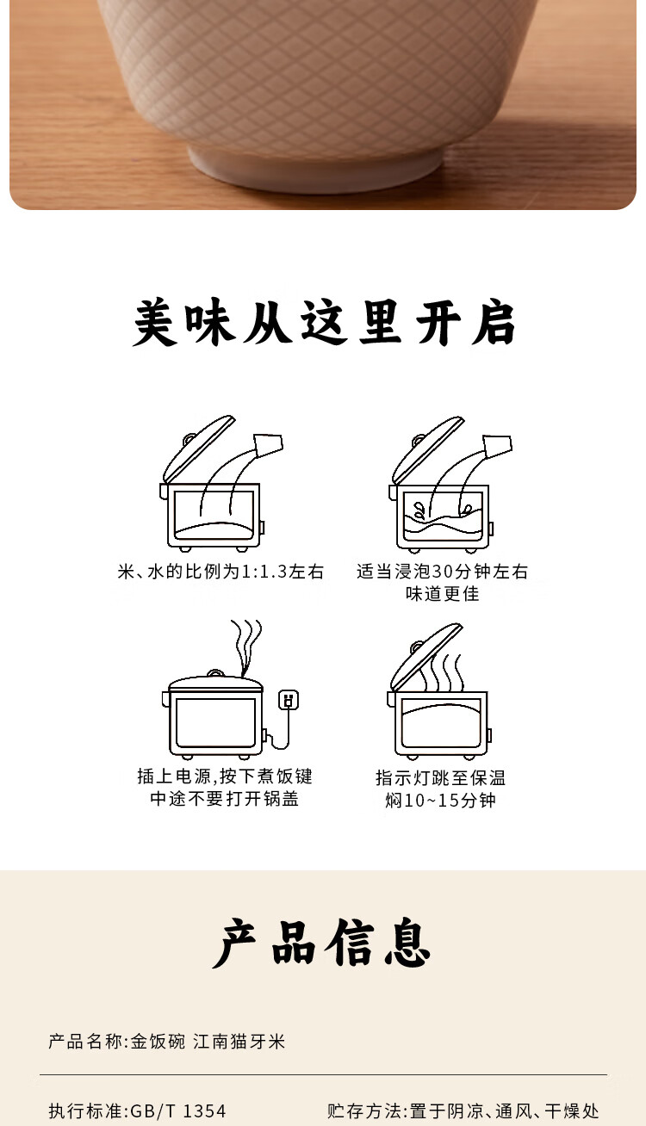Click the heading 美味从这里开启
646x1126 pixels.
pos(324,322)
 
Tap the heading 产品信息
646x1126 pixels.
pos(322,943)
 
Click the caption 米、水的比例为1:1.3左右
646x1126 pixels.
pos(221,572)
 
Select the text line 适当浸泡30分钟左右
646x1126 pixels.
pos(442,571)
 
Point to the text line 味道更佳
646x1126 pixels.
pos(442,594)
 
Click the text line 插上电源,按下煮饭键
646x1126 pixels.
pos(225,776)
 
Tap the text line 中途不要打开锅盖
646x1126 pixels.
pos(225,798)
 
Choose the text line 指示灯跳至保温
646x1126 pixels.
pos(440,777)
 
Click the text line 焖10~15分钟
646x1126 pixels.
pos(441,800)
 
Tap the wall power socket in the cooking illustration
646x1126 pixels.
pos(289,699)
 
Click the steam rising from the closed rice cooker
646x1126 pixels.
pos(246,647)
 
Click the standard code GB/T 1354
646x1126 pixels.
pos(178,1111)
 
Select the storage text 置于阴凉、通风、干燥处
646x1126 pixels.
pos(504,1111)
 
